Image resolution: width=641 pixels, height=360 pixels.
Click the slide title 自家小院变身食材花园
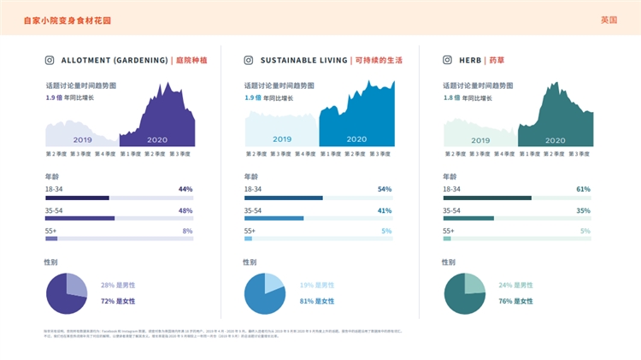click(67, 19)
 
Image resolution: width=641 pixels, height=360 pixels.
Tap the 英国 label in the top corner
click(609, 19)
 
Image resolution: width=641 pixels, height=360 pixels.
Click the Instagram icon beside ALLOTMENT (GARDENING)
click(50, 61)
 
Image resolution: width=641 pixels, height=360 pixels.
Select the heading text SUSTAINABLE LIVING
click(304, 61)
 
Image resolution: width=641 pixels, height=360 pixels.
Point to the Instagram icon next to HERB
click(447, 61)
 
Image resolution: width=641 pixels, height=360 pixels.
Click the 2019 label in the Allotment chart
click(82, 139)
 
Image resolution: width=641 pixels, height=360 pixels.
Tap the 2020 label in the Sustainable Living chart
click(356, 139)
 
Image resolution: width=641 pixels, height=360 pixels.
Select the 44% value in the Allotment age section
click(185, 188)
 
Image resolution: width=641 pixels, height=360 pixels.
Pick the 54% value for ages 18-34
click(384, 188)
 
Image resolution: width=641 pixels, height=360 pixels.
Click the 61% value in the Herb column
click(583, 188)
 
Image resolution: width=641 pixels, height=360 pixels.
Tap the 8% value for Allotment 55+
click(187, 231)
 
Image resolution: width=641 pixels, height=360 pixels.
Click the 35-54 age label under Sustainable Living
click(257, 210)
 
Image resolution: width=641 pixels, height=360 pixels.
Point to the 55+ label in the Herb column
click(449, 231)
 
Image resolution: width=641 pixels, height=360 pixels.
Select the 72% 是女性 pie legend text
click(120, 301)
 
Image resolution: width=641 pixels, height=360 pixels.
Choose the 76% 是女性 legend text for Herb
click(517, 301)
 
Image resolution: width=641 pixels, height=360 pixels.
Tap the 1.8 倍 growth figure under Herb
click(451, 97)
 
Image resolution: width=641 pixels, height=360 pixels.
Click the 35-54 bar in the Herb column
click(468, 218)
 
